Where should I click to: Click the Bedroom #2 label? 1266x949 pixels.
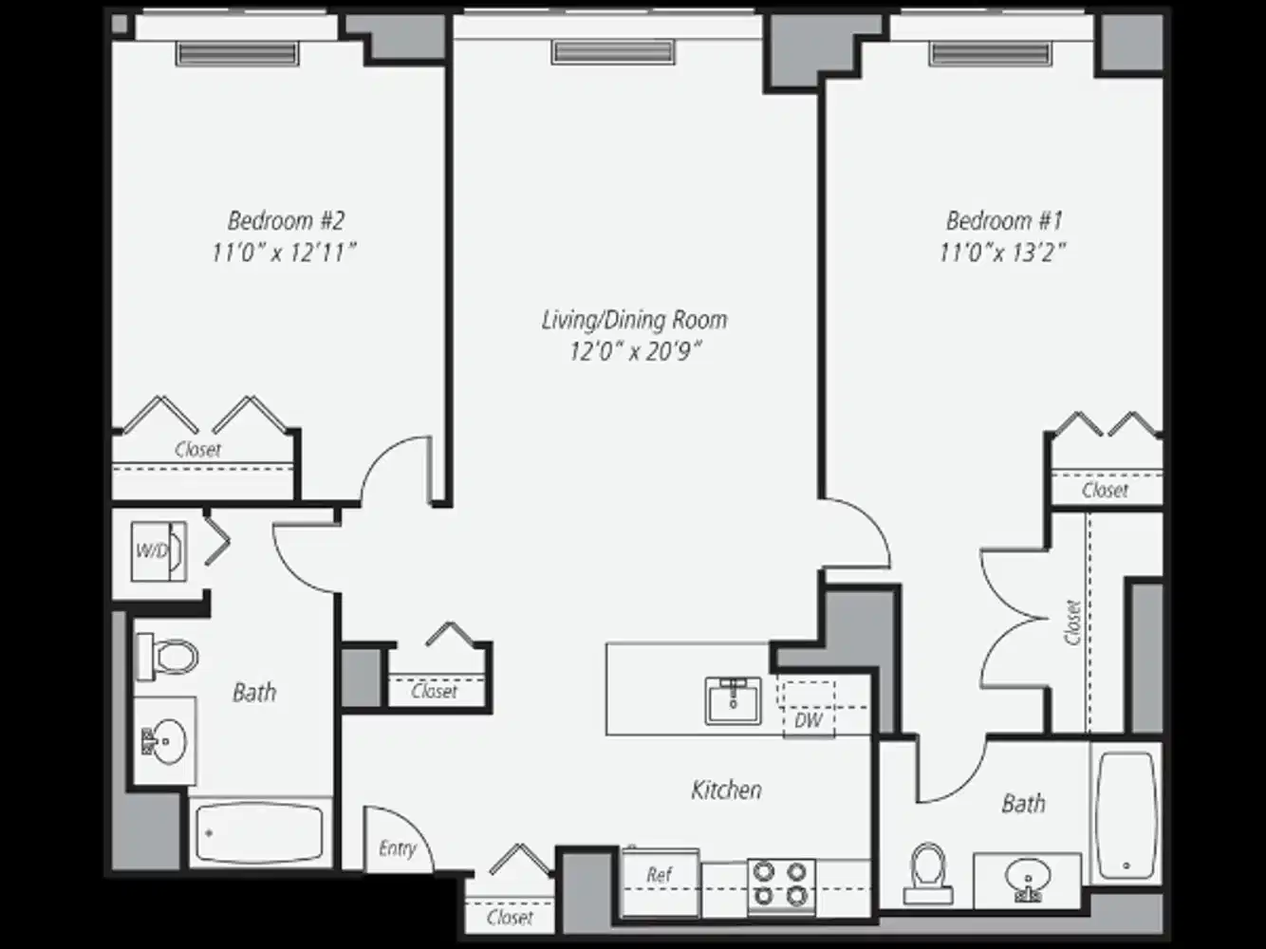(x=285, y=221)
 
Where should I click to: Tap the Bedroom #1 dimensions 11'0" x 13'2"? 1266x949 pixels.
(x=1003, y=252)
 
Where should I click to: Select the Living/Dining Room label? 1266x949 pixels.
(x=634, y=320)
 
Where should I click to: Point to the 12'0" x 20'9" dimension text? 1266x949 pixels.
(x=634, y=352)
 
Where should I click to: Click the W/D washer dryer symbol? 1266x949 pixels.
(x=158, y=550)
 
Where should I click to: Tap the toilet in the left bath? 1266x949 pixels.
(x=169, y=657)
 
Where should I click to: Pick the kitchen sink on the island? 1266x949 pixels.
(x=733, y=700)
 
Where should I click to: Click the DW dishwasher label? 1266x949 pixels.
(x=808, y=720)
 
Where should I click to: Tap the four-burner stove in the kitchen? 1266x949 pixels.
(x=781, y=884)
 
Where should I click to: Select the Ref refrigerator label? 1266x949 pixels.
(x=660, y=875)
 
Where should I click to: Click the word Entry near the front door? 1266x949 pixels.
(x=397, y=848)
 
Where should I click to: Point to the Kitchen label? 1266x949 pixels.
(x=726, y=790)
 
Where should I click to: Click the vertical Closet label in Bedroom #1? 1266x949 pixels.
(x=1073, y=623)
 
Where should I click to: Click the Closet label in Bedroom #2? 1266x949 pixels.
(x=197, y=450)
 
